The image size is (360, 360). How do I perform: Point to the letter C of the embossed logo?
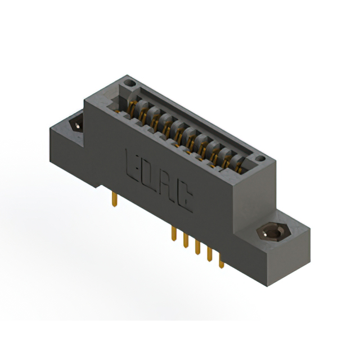coord(184,199)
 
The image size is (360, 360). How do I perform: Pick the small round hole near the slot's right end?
coord(260,159)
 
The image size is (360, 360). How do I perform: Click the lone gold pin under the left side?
coord(115,197)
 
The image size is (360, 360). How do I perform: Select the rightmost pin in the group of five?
coord(220,260)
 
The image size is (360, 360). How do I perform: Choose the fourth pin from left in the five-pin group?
coord(209,254)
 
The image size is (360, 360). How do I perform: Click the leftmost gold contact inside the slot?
coord(134,106)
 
